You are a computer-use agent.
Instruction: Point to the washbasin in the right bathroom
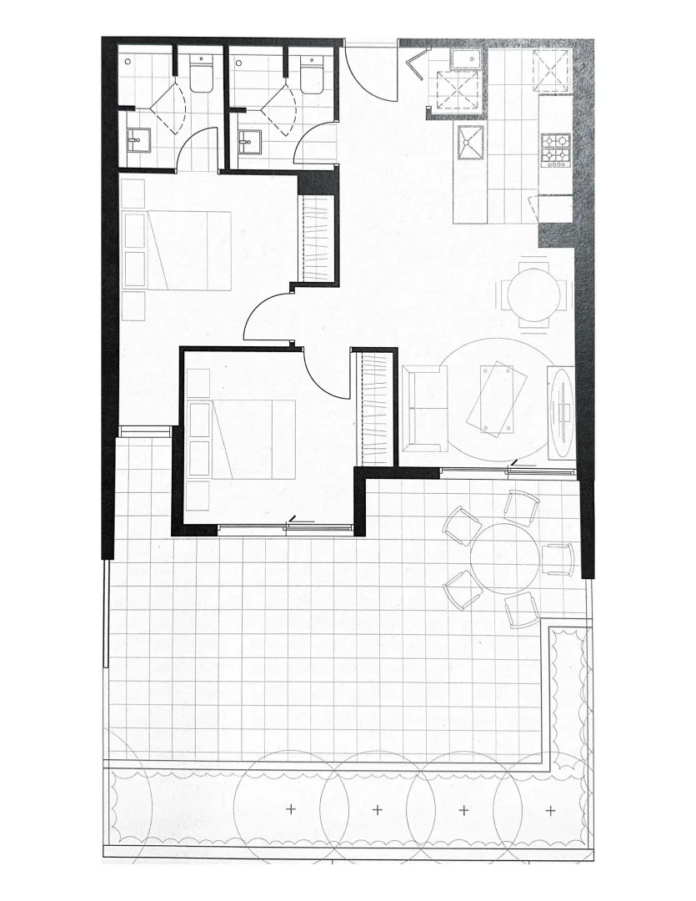[x=249, y=144]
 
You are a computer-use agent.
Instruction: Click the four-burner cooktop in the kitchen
[x=554, y=150]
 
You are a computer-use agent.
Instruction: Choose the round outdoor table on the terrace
[x=505, y=556]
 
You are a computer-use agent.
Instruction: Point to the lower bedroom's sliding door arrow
[x=297, y=521]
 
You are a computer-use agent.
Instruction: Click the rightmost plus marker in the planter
[x=549, y=809]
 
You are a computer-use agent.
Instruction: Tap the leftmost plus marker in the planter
[x=291, y=809]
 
